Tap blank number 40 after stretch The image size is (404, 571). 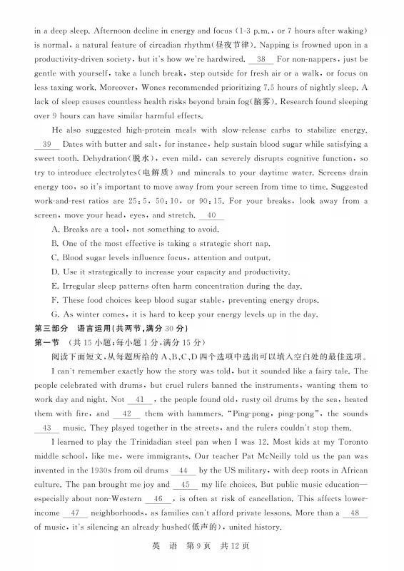tap(211, 215)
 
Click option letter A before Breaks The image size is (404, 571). tap(56, 230)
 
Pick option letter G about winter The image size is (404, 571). tap(56, 314)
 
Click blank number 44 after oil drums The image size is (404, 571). tap(184, 470)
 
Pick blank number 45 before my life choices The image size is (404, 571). tap(191, 485)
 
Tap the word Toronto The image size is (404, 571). tap(349, 442)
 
